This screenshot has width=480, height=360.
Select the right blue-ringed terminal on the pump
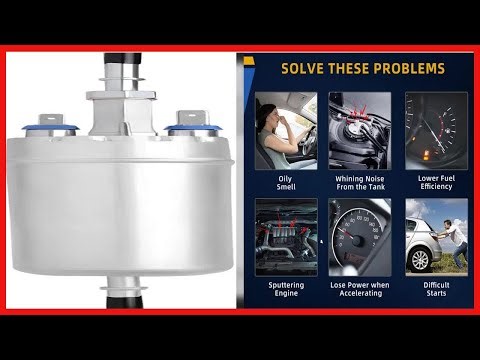pyautogui.click(x=191, y=125)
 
